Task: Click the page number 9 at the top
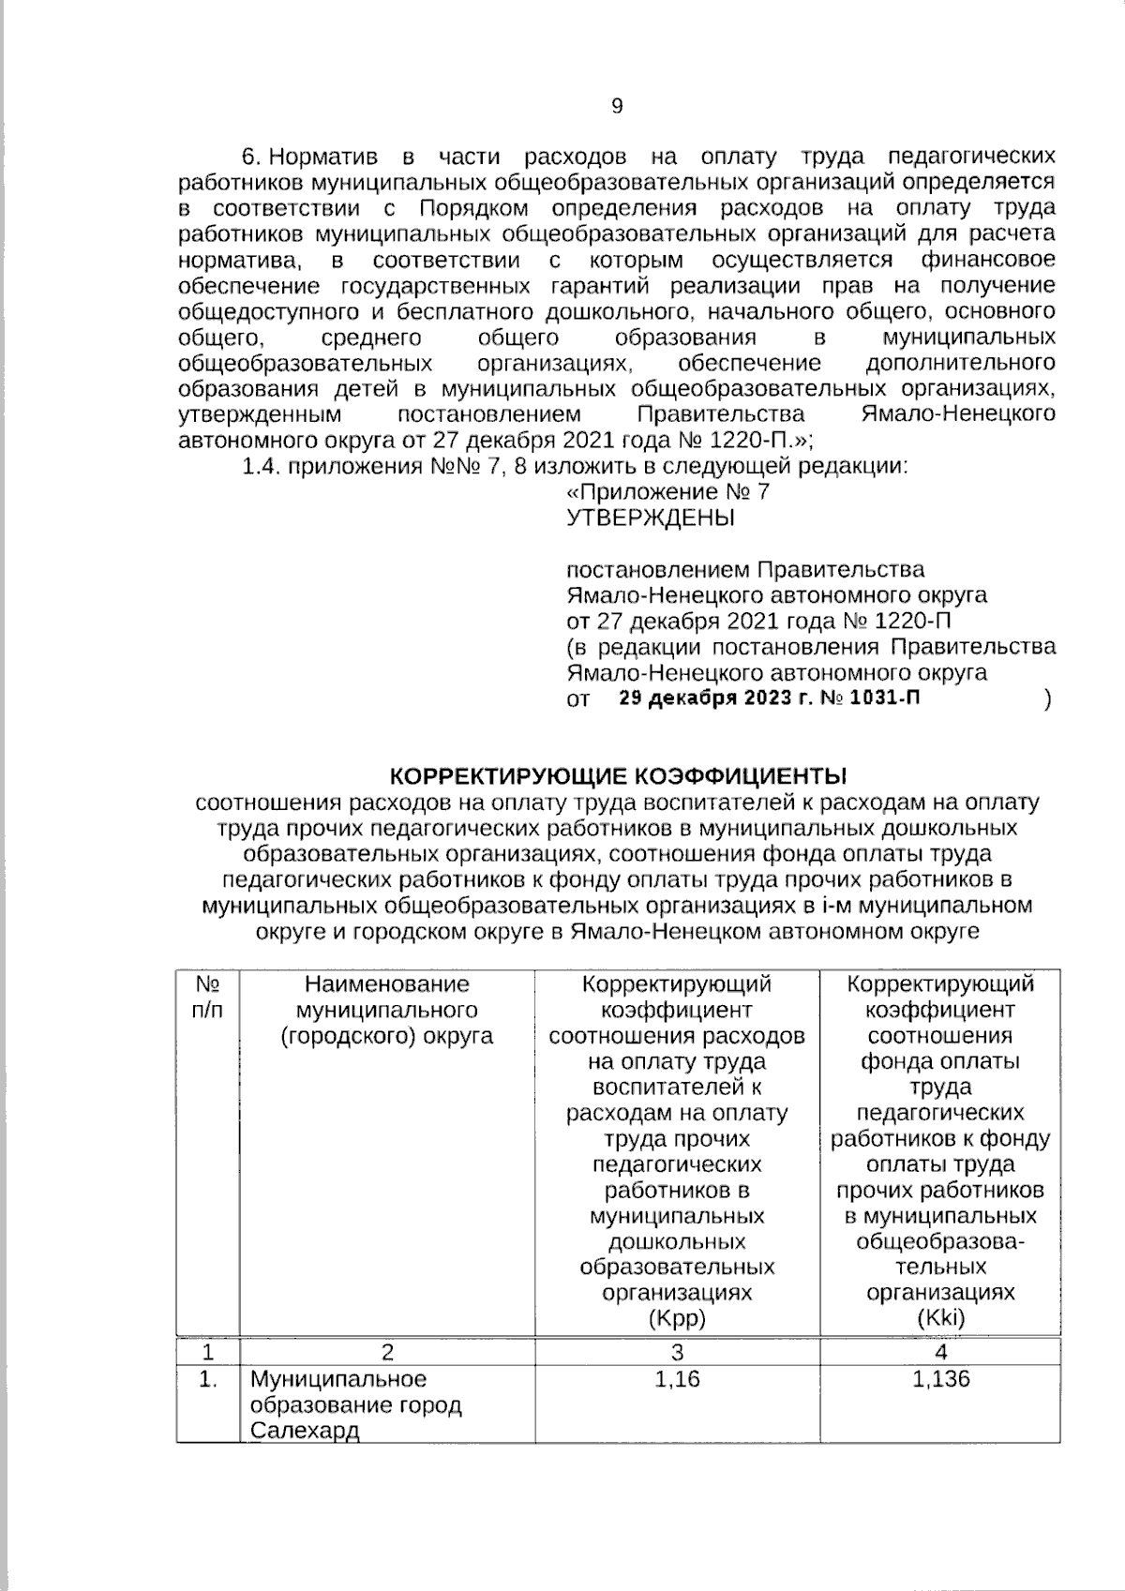coord(616,106)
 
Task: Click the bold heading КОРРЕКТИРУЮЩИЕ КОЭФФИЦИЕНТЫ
coord(617,776)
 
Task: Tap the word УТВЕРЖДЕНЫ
coord(651,518)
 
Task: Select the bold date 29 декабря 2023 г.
coord(718,699)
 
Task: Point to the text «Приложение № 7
coord(669,491)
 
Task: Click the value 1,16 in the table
coord(677,1379)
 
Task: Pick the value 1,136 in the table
coord(940,1379)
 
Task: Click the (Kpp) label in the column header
coord(677,1318)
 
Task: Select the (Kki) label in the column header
coord(940,1318)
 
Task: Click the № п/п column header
coord(207,998)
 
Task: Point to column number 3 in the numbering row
coord(677,1352)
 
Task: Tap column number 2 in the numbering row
coord(386,1352)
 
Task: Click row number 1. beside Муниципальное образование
coord(207,1379)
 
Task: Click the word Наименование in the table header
coord(386,984)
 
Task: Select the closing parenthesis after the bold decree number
coord(1046,700)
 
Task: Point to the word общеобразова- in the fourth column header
coord(940,1241)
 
